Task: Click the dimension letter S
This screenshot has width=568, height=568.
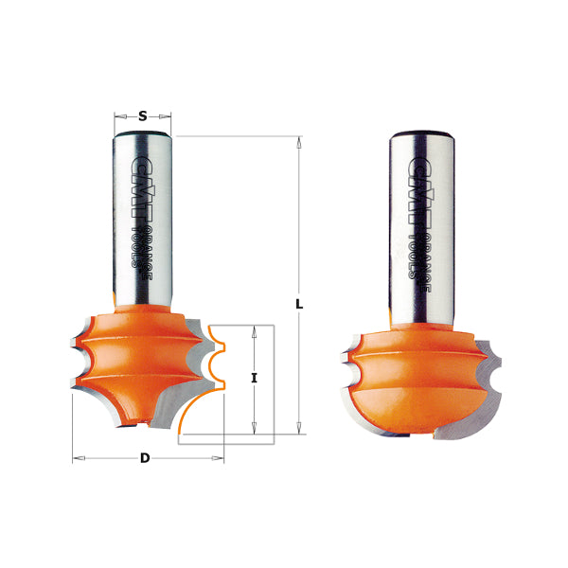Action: [142, 117]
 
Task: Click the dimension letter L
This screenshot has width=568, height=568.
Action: [299, 305]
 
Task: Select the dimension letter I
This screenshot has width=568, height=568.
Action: [254, 378]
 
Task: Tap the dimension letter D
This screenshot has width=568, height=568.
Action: [145, 458]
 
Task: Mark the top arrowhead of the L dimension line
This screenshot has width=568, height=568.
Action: [299, 143]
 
